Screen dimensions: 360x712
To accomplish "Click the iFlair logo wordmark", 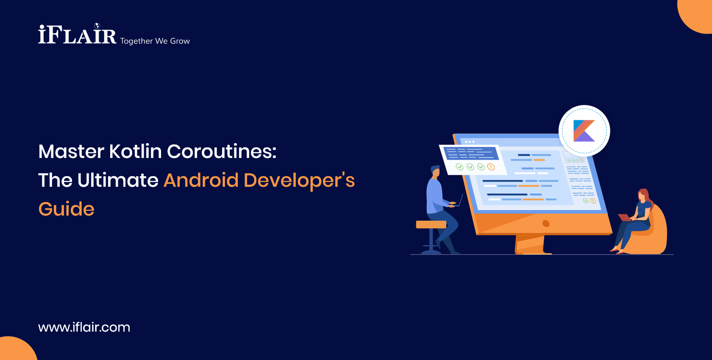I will tap(77, 35).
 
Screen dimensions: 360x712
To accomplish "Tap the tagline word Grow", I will tap(180, 41).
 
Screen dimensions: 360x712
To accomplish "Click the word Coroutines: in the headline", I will tap(222, 152).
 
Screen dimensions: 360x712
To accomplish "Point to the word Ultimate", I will tap(118, 180).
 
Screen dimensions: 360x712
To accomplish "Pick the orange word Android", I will tap(201, 180).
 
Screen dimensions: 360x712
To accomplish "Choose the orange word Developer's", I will tap(299, 180).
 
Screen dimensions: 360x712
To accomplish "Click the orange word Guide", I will tap(67, 209).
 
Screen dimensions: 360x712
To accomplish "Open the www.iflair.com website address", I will tap(84, 327).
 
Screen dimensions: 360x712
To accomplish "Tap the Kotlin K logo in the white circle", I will tap(584, 130).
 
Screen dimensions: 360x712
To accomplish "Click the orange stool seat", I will tap(431, 224).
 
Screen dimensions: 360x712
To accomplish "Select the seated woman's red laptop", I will tap(624, 218).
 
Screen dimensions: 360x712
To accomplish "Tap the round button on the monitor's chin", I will tap(546, 224).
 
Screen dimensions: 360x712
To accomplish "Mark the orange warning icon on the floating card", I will tap(491, 167).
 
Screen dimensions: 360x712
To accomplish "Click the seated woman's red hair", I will tap(645, 196).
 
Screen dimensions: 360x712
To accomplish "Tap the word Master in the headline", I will tap(71, 152).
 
